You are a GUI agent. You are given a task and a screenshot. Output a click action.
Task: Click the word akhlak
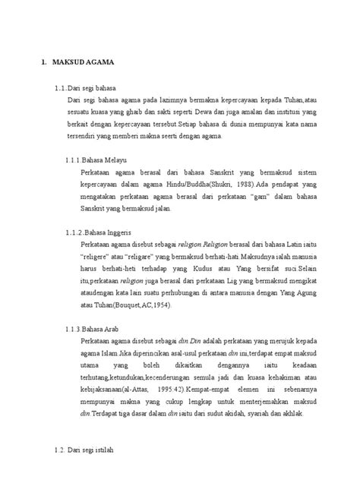pos(288,415)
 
